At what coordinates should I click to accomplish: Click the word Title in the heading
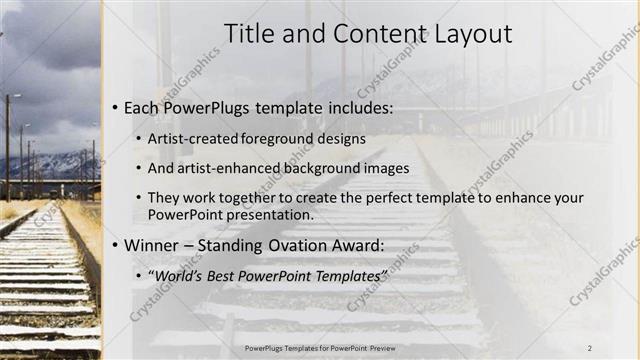click(249, 34)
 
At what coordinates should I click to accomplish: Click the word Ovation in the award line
click(290, 245)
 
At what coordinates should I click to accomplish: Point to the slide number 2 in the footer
click(589, 347)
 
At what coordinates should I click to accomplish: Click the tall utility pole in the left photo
click(7, 145)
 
